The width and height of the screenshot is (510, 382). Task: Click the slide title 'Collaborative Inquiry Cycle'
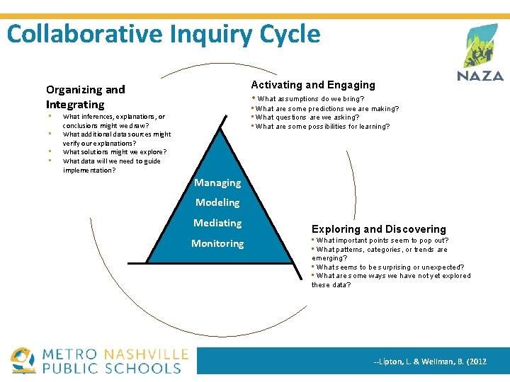(x=164, y=34)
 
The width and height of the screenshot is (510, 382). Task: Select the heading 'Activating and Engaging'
(x=313, y=85)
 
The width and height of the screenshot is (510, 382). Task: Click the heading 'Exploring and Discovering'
(x=379, y=229)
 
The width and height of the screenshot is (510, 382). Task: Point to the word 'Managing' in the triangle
(x=217, y=183)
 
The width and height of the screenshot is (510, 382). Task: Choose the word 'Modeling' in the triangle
(x=217, y=202)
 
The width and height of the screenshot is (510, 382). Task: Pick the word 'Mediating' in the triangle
(x=217, y=223)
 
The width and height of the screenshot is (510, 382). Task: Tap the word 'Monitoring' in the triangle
(x=217, y=243)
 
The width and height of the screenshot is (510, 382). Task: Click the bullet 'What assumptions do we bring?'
(x=310, y=99)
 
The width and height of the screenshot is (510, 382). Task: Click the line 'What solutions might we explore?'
(x=115, y=152)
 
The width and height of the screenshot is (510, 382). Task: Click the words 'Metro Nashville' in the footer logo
(x=115, y=354)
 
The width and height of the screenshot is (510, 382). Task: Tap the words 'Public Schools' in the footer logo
(x=112, y=368)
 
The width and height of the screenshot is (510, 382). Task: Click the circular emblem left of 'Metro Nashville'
(x=23, y=360)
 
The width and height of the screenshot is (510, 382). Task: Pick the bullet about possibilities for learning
(x=322, y=127)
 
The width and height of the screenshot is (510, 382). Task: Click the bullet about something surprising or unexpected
(x=390, y=267)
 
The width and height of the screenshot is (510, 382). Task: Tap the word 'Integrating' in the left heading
(x=75, y=105)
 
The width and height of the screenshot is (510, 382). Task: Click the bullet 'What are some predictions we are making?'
(x=327, y=109)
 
